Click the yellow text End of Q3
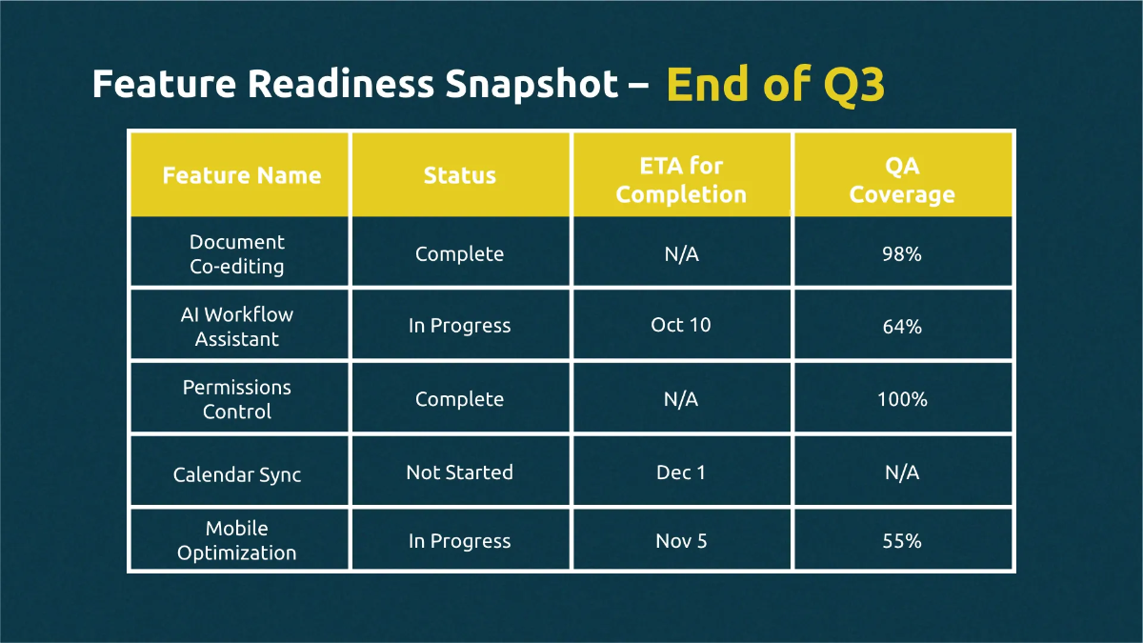pyautogui.click(x=775, y=85)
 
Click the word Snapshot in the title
pyautogui.click(x=531, y=85)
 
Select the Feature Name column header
pyautogui.click(x=241, y=175)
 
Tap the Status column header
pyautogui.click(x=460, y=175)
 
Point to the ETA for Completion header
pyautogui.click(x=681, y=180)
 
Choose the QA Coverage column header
pyautogui.click(x=902, y=180)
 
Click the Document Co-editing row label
pyautogui.click(x=237, y=254)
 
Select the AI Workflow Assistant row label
pyautogui.click(x=237, y=327)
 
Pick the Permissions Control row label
pyautogui.click(x=237, y=399)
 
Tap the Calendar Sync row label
pyautogui.click(x=237, y=473)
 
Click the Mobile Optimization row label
pyautogui.click(x=237, y=540)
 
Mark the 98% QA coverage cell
pyautogui.click(x=901, y=254)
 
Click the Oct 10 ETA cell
pyautogui.click(x=681, y=325)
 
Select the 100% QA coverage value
pyautogui.click(x=901, y=399)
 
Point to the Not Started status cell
pyautogui.click(x=459, y=472)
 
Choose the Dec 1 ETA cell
pyautogui.click(x=681, y=472)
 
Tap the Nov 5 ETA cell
pyautogui.click(x=681, y=541)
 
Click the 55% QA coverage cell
pyautogui.click(x=901, y=541)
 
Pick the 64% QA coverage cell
pyautogui.click(x=901, y=326)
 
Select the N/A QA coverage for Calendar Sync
pyautogui.click(x=901, y=472)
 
